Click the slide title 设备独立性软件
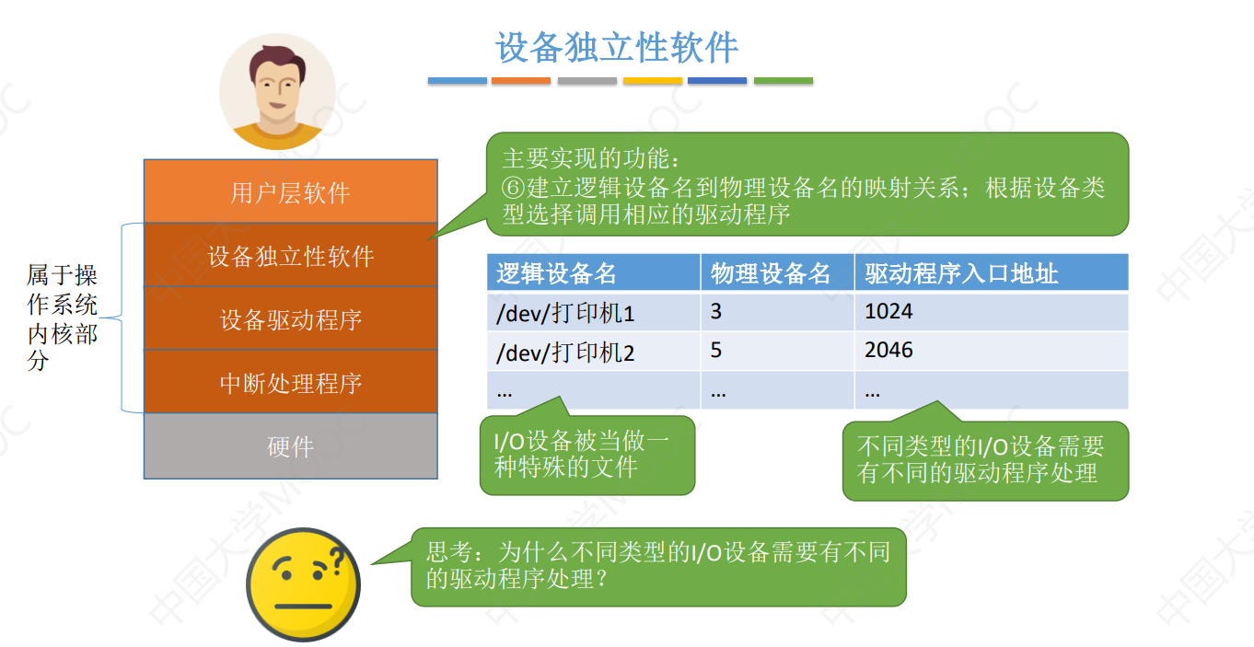tap(617, 48)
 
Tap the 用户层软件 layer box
tap(291, 192)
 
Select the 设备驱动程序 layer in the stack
tap(291, 319)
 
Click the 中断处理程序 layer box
tap(291, 383)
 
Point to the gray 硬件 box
tap(291, 446)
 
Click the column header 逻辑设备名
tap(556, 273)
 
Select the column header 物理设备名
tap(771, 273)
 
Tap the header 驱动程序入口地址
tap(961, 273)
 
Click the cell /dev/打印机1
tap(565, 313)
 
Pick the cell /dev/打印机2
tap(565, 352)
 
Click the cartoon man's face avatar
tap(277, 90)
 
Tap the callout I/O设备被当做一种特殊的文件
tap(586, 455)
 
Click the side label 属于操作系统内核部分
tap(63, 318)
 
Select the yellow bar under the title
tap(652, 81)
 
